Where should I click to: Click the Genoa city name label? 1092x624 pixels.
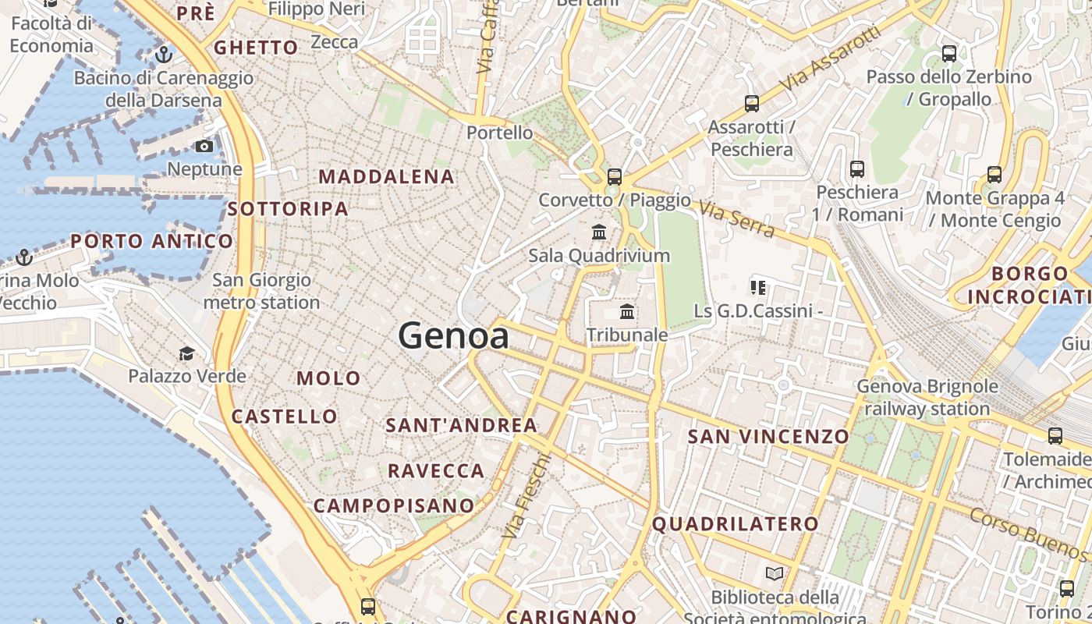454,336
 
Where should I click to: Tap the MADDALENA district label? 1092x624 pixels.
386,177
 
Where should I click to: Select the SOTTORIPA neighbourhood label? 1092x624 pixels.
288,209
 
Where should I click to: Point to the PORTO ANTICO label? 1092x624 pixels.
152,241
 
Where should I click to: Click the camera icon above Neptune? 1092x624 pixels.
204,146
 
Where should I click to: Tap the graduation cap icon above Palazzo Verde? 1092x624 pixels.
186,354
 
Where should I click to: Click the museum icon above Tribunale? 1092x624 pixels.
626,312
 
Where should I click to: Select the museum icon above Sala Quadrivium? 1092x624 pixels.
599,232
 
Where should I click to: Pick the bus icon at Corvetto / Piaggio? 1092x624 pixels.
615,177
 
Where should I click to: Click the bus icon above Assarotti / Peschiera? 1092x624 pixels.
752,103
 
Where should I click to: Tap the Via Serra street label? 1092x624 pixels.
737,219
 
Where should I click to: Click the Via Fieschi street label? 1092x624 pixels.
526,497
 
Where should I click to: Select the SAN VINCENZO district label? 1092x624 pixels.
768,437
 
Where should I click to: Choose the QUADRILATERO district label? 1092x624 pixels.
735,524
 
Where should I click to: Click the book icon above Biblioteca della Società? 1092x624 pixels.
775,574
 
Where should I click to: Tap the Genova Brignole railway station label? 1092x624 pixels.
927,397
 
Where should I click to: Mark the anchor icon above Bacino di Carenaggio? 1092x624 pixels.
163,55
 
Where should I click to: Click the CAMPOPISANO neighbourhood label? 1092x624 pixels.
394,505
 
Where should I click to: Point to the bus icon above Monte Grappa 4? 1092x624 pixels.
994,175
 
